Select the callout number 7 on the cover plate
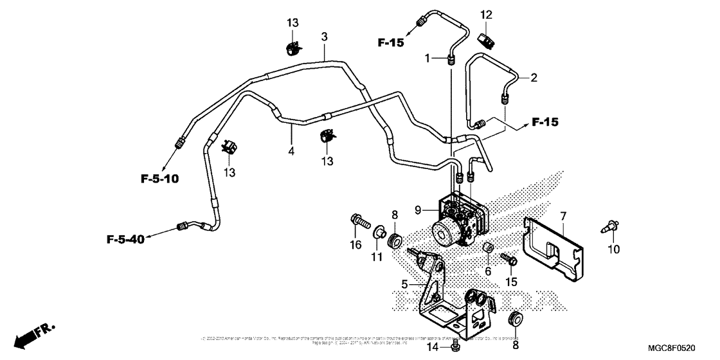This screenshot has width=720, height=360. (563, 216)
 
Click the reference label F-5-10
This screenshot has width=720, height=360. (160, 177)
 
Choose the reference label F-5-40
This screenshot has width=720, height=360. (125, 240)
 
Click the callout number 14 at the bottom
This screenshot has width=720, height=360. (433, 348)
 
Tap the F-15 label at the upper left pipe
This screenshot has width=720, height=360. (390, 43)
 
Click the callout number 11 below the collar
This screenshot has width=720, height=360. (376, 257)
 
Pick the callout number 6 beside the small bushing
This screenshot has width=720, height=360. (487, 272)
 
